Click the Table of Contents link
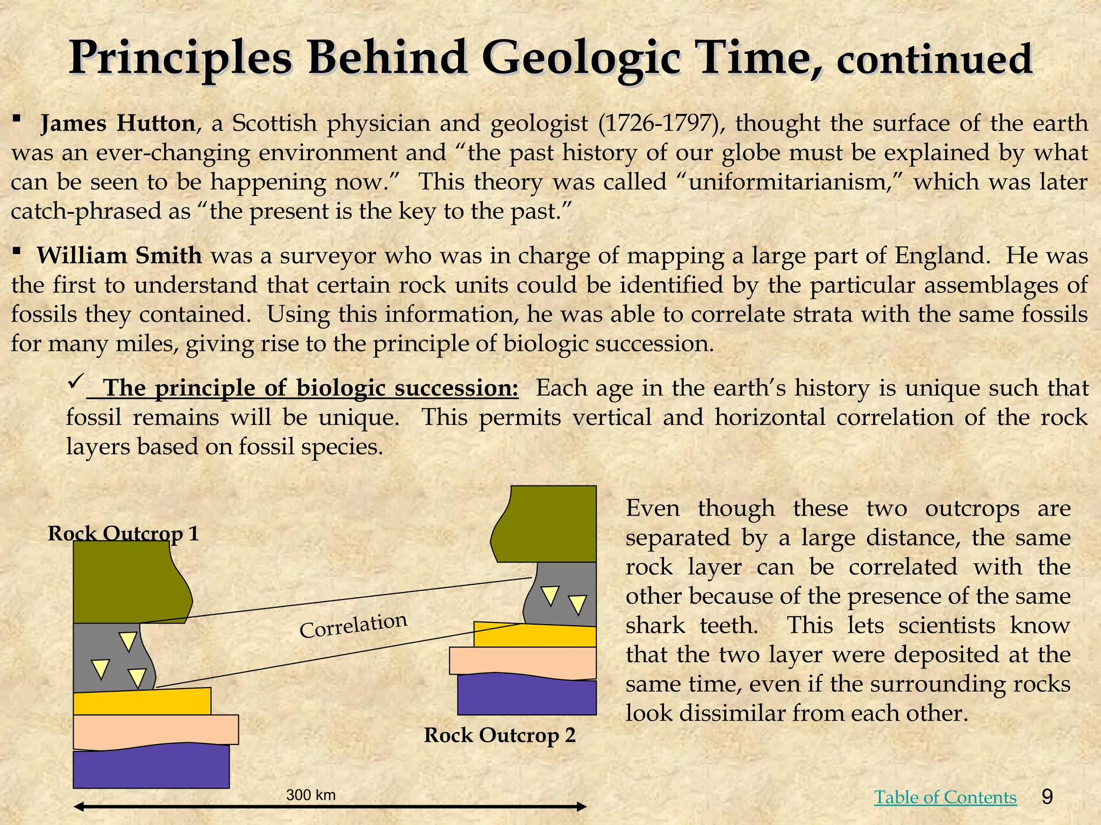pos(945,797)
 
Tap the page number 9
pos(1047,796)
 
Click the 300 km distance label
pos(311,795)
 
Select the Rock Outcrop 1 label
pos(123,534)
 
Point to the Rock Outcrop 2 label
pos(499,735)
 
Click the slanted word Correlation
pos(353,625)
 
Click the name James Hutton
pos(118,124)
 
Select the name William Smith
pos(119,256)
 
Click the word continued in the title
pos(934,60)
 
